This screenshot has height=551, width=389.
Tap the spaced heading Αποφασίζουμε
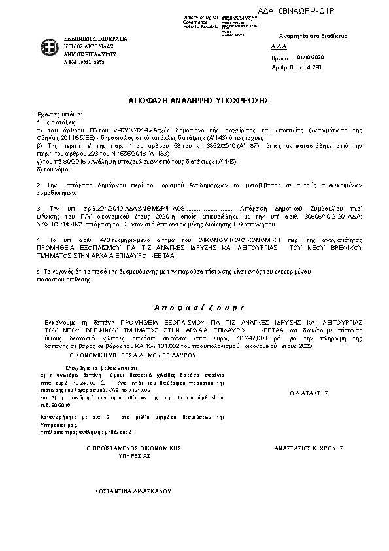click(195, 308)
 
